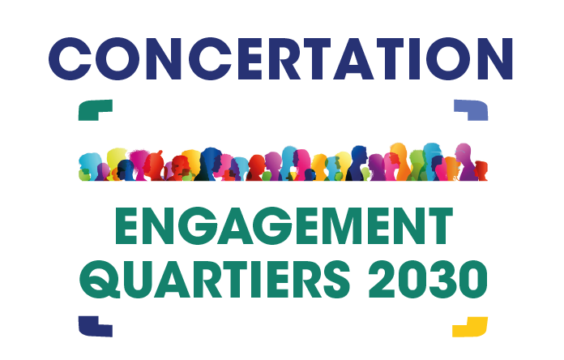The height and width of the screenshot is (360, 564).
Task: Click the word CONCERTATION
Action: pos(280,58)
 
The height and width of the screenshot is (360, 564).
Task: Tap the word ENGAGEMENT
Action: pos(284,225)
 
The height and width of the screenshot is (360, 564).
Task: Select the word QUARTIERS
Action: pos(215,280)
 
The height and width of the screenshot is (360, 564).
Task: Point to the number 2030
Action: pos(428,280)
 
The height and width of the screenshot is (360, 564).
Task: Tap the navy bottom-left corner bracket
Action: pos(90,328)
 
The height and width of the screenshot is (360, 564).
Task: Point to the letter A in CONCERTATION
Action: pos(353,58)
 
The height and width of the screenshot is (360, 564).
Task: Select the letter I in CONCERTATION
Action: pos(414,58)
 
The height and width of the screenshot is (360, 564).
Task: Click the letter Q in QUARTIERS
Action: pos(100,280)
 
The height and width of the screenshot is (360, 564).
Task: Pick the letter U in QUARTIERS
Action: pos(137,280)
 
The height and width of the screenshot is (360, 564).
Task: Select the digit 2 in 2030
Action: pos(382,279)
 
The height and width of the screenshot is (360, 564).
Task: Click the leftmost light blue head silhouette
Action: pos(90,165)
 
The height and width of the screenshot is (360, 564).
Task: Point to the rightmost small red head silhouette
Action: pos(481,170)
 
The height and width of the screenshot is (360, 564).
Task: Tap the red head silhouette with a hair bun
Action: pos(154,165)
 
